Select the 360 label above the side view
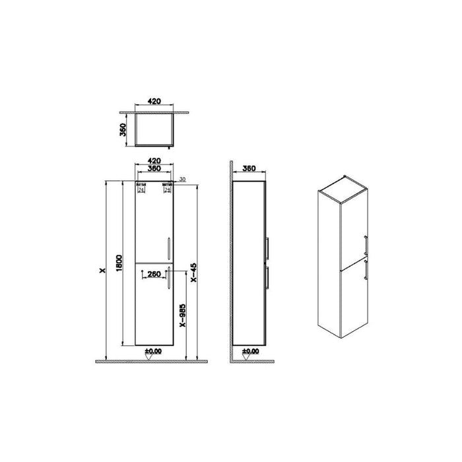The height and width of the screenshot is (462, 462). coord(249,168)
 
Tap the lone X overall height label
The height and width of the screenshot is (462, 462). coord(101,271)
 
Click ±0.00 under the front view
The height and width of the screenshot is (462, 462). coord(153,351)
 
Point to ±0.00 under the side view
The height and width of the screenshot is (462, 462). coord(250,351)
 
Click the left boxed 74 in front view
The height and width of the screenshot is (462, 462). coord(141,189)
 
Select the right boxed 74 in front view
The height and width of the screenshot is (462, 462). coord(167,189)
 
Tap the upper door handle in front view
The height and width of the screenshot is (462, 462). coord(170,248)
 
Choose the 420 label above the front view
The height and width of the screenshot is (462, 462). coord(153,160)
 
